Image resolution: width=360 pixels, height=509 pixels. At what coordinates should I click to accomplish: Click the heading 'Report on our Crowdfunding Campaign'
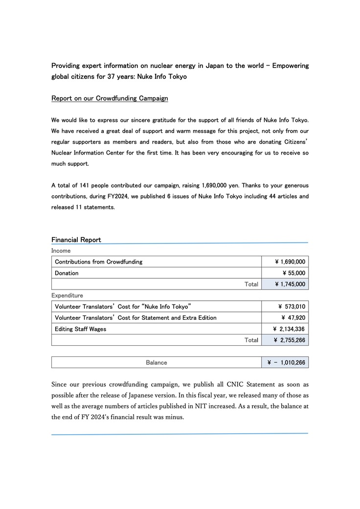point(110,98)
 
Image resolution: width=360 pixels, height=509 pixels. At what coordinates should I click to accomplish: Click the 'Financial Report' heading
point(76,240)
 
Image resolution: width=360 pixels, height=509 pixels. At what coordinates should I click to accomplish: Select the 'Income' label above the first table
point(61,251)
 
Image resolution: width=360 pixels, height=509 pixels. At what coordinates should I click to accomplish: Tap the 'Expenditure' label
point(67,295)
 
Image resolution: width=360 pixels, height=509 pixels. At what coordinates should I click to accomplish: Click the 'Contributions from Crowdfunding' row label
point(98,262)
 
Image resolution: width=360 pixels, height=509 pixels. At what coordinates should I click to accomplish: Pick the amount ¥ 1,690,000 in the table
point(290,262)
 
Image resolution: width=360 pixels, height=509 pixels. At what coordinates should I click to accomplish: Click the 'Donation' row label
point(67,273)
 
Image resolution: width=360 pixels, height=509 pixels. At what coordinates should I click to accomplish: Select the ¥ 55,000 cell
point(294,273)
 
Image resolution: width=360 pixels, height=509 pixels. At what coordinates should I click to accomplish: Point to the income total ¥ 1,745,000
point(290,284)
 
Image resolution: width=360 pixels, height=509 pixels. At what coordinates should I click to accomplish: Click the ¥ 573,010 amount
point(292,307)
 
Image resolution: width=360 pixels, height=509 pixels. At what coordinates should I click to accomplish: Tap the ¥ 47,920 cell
point(293,318)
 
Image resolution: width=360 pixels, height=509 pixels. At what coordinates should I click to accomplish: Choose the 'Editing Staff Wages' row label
point(80,329)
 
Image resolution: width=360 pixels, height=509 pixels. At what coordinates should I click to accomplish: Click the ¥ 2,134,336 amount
point(289,329)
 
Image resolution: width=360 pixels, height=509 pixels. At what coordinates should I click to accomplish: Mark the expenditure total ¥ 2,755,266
point(289,340)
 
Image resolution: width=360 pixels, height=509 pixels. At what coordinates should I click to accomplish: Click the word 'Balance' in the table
point(157,362)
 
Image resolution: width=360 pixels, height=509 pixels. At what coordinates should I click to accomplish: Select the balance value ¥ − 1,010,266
point(286,362)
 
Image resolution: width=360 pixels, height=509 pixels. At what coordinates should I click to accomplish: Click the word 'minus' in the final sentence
point(175,417)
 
